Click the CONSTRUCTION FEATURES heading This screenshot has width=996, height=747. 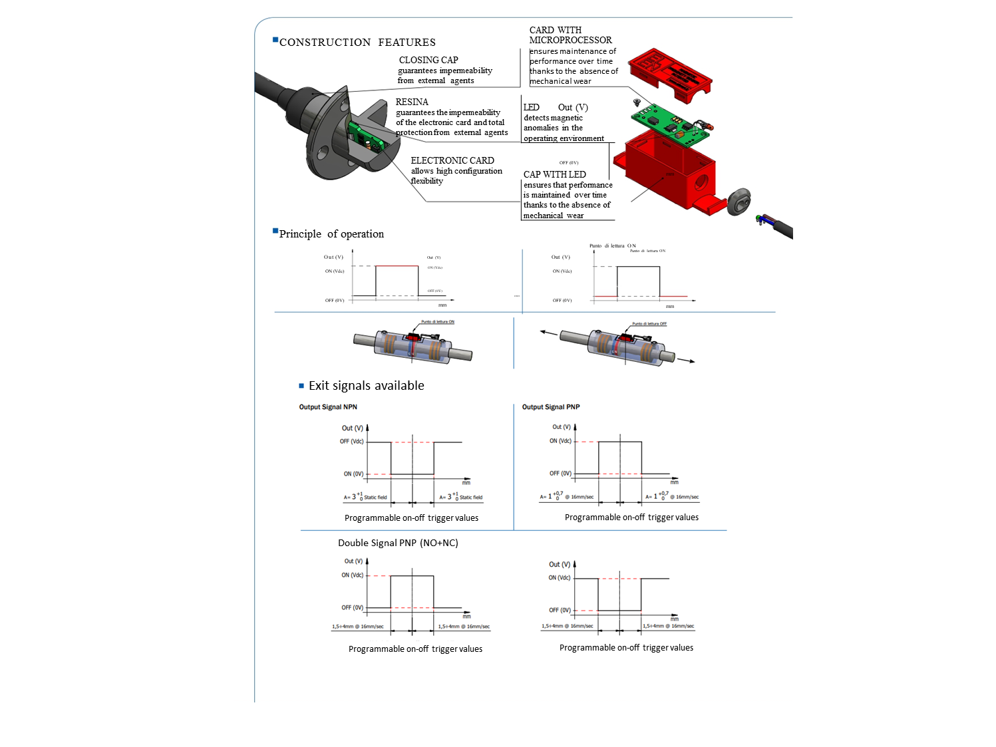pyautogui.click(x=357, y=43)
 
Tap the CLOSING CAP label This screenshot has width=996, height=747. pyautogui.click(x=428, y=60)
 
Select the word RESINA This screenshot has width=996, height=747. pyautogui.click(x=412, y=102)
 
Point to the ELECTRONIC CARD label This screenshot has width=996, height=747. pyautogui.click(x=452, y=160)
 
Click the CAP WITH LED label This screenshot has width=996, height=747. pyautogui.click(x=554, y=174)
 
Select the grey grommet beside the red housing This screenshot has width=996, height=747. pyautogui.click(x=739, y=202)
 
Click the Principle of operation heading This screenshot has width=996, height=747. pyautogui.click(x=331, y=234)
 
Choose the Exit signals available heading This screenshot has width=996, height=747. pyautogui.click(x=366, y=386)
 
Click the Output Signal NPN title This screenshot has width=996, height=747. pyautogui.click(x=328, y=407)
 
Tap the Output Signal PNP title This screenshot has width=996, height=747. pyautogui.click(x=551, y=407)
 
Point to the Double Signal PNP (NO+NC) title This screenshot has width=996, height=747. pyautogui.click(x=398, y=543)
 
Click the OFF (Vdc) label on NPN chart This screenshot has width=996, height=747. pyautogui.click(x=352, y=442)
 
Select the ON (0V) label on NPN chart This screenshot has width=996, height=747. pyautogui.click(x=353, y=474)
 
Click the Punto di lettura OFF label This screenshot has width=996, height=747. pyautogui.click(x=649, y=324)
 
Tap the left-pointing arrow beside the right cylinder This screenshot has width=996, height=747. pyautogui.click(x=548, y=333)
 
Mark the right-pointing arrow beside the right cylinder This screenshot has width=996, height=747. pyautogui.click(x=687, y=360)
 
